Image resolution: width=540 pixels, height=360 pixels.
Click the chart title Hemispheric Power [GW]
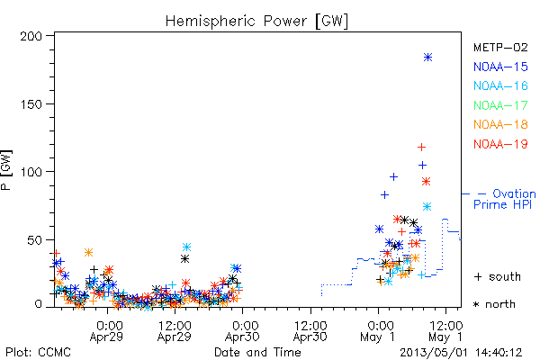pos(256,22)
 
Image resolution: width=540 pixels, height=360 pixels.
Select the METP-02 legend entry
pos(500,47)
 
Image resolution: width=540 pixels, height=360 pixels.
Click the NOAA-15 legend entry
pos(500,67)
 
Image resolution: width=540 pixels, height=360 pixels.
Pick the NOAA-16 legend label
pos(500,85)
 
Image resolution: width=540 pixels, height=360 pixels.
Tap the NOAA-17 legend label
pos(500,105)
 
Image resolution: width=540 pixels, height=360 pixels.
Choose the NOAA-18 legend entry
pos(500,124)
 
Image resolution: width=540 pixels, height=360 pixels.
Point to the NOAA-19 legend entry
pos(500,144)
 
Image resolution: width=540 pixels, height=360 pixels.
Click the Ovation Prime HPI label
pos(504,199)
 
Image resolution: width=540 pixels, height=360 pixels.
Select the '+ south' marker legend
pos(498,276)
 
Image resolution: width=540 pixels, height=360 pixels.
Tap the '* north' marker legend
pos(494,304)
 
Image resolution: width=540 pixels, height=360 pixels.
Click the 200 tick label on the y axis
pos(31,36)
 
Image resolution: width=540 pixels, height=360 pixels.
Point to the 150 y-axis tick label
pos(31,104)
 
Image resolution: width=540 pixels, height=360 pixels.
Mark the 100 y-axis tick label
pos(31,172)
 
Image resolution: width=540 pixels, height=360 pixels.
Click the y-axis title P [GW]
pos(6,170)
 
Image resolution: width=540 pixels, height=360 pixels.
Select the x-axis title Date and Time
pos(257,352)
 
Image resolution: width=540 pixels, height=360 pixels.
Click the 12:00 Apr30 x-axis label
pos(310,331)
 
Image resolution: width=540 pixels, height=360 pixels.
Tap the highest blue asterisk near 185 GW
pos(427,58)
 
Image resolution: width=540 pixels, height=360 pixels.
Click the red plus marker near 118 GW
pos(421,148)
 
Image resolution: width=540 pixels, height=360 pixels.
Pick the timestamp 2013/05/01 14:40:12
pos(461,353)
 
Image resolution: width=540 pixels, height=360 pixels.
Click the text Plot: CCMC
pos(38,352)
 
